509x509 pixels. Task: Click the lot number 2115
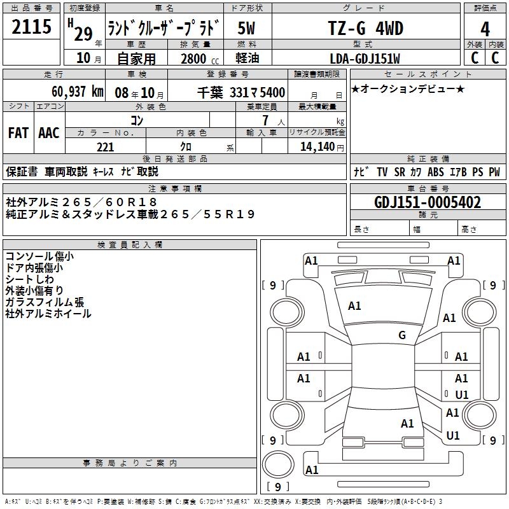(x=32, y=27)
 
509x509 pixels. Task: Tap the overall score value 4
(x=485, y=29)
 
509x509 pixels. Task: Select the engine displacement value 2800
(x=193, y=59)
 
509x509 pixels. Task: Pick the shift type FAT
(x=18, y=133)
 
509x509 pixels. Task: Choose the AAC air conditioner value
(x=48, y=133)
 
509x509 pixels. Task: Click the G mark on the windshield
(x=402, y=335)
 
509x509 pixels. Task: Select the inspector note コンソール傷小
(x=39, y=256)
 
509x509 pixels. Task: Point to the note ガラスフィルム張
(x=45, y=302)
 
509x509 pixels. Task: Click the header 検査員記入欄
(x=130, y=244)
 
